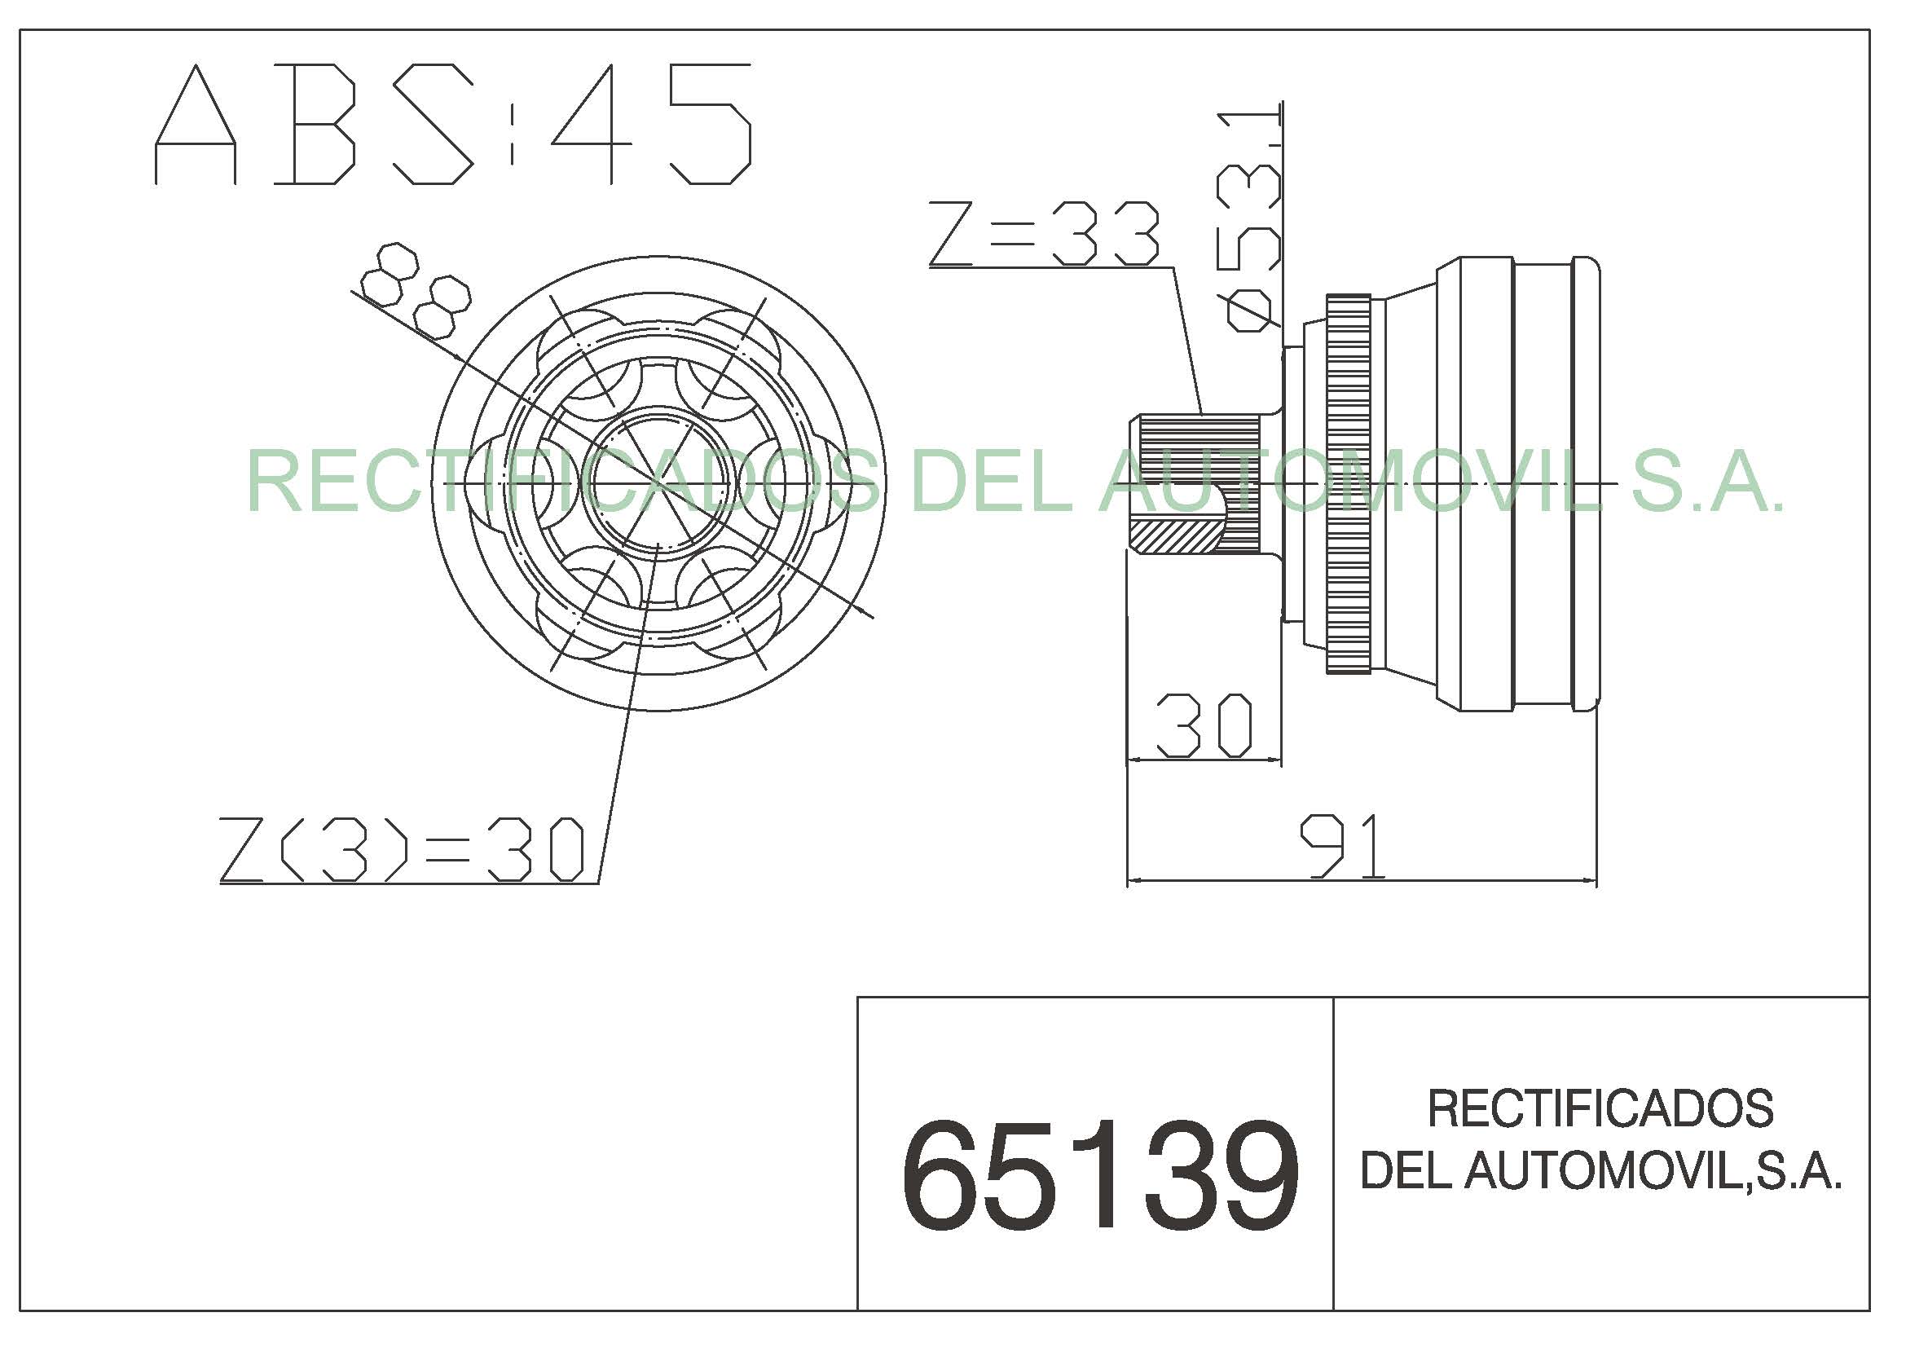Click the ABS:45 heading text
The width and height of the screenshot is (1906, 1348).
(452, 125)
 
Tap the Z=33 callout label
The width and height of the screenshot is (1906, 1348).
(1044, 233)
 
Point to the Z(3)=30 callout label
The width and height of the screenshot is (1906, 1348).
(403, 849)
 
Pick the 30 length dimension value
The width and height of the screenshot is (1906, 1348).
(1204, 726)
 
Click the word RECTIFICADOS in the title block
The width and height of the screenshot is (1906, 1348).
(1600, 1108)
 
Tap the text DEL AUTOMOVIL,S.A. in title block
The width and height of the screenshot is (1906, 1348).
(1600, 1170)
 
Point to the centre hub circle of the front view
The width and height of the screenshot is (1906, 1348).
(660, 483)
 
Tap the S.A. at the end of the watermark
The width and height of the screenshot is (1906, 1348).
(1706, 482)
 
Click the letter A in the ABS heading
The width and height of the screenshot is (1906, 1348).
(196, 125)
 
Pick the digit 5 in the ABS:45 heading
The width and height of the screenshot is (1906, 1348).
(710, 125)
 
